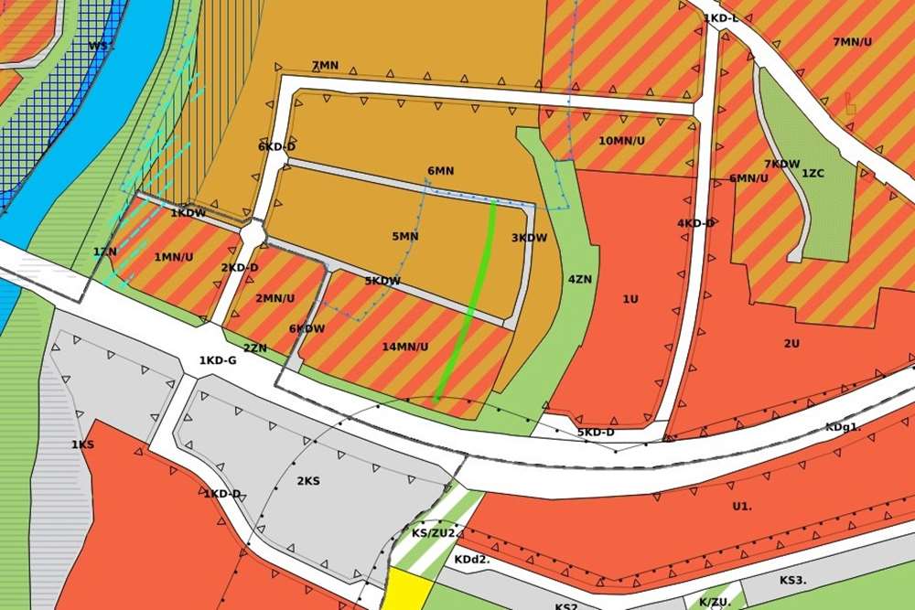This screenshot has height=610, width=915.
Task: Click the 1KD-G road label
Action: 218,361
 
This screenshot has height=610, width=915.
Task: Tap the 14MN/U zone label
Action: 405,347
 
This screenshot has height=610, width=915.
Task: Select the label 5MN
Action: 404,236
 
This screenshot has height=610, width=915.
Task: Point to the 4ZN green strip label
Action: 578,279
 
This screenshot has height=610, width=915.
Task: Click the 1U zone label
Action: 630,299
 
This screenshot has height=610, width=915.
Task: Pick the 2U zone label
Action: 791,343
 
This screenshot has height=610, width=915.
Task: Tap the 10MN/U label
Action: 621,141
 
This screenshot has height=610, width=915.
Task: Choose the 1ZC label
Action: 813,173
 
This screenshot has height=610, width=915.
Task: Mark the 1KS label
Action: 82,444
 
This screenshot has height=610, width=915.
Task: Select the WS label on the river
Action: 100,45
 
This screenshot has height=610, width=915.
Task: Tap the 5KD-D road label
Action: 596,432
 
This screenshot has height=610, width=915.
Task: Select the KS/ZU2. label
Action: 434,533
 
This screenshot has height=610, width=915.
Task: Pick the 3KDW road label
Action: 529,238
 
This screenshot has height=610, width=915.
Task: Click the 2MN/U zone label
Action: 274,298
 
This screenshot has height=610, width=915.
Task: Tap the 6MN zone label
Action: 440,171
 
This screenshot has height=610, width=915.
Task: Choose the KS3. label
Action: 792,580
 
